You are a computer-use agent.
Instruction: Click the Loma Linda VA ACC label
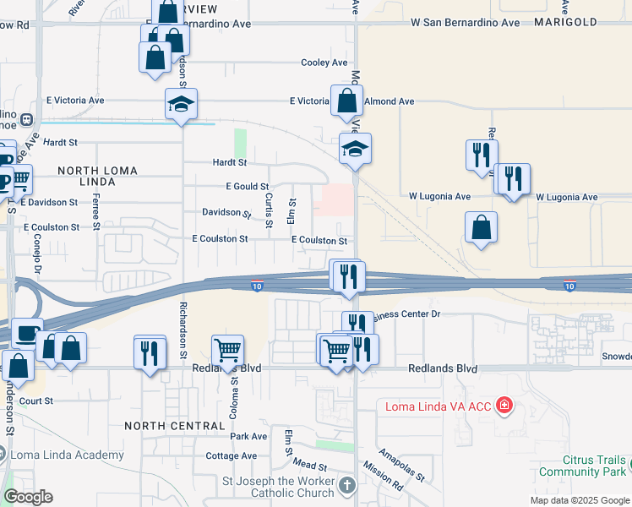(438, 406)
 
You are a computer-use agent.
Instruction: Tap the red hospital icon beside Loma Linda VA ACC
(505, 406)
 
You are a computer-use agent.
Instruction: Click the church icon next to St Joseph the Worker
(348, 485)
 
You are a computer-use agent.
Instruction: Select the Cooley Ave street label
(324, 63)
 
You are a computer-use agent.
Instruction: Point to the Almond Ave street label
(389, 101)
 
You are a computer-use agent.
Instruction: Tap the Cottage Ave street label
(231, 455)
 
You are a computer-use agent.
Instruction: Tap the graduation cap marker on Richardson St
(181, 104)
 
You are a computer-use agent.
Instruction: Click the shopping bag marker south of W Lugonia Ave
(481, 227)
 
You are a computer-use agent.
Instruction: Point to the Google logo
(28, 497)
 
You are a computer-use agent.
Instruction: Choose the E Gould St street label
(247, 186)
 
